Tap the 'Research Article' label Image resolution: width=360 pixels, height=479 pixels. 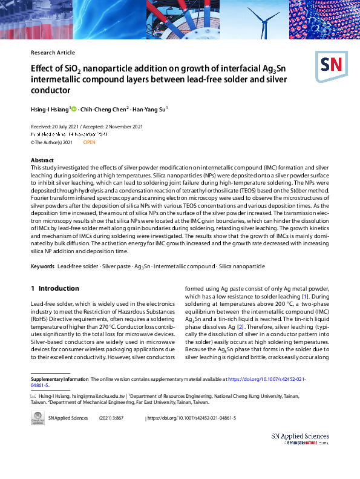(52, 53)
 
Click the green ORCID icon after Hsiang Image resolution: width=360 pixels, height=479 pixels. (74, 109)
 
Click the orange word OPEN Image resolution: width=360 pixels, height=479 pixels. (89, 142)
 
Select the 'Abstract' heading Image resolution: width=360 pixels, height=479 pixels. (42, 160)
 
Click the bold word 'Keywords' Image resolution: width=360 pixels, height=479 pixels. (42, 266)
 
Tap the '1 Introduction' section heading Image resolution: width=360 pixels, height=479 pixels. (54, 288)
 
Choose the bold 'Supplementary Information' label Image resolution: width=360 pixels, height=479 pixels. (59, 379)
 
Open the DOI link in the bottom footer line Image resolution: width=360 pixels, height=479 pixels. (192, 418)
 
